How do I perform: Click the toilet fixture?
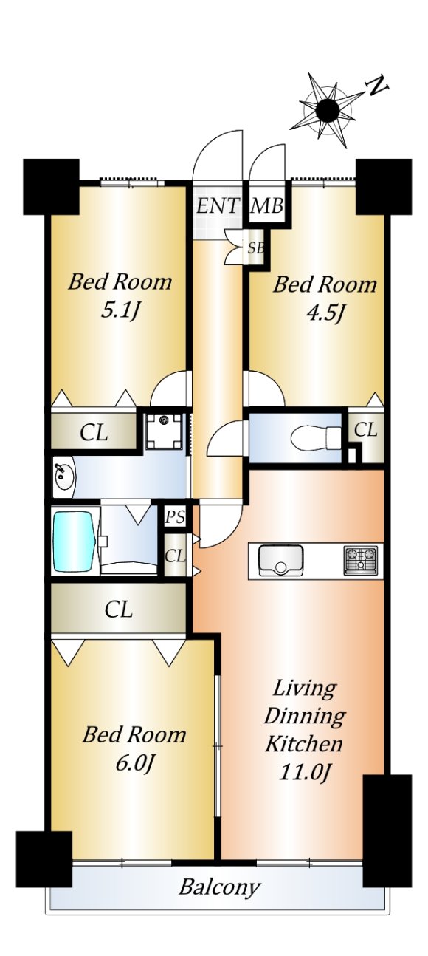316,437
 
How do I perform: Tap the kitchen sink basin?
281,560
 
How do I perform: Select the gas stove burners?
360,560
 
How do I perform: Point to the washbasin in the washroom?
63,477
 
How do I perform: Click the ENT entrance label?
217,206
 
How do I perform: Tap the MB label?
267,206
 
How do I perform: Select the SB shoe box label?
256,247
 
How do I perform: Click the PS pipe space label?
175,517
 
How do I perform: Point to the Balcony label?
219,887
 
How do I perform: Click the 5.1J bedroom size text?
120,312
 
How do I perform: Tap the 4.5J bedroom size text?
325,314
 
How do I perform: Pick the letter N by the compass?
377,86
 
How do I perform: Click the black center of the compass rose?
328,111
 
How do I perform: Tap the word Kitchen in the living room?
303,743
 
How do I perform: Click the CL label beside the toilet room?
366,429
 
